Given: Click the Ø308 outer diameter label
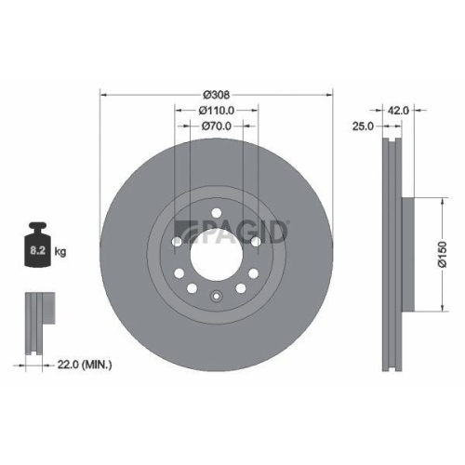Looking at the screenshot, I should [216, 94].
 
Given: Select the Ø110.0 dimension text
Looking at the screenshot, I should [216, 109].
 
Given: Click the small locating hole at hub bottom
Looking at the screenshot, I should [216, 299].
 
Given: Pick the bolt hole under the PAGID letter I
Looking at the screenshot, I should [255, 245].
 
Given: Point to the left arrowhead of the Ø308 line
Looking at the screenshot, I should [102, 94].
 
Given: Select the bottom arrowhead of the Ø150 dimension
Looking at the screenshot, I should [439, 312].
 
